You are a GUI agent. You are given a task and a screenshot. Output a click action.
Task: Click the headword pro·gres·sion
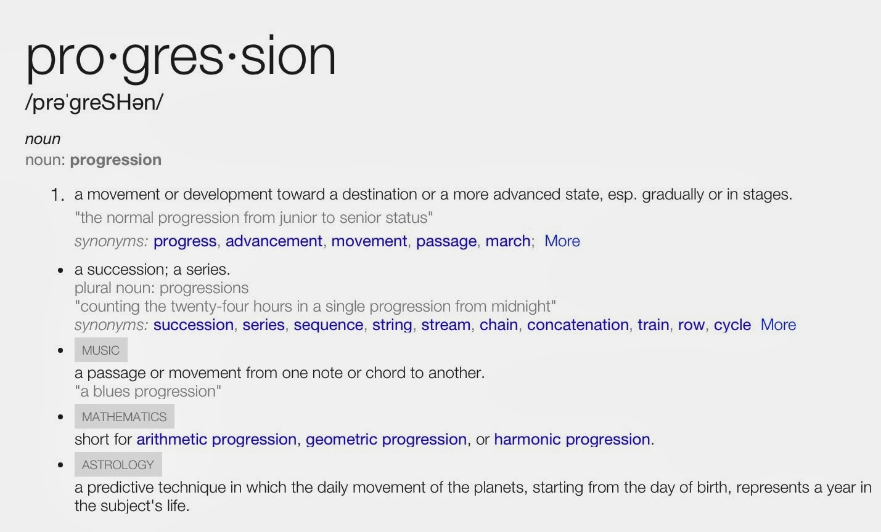pyautogui.click(x=181, y=59)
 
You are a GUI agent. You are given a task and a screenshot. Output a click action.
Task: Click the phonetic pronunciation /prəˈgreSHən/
pyautogui.click(x=94, y=103)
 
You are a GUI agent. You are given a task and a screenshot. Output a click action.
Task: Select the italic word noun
pyautogui.click(x=43, y=139)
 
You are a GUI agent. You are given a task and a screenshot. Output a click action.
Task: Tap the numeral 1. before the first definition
pyautogui.click(x=58, y=195)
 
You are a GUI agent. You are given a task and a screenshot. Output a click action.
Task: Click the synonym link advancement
pyautogui.click(x=274, y=241)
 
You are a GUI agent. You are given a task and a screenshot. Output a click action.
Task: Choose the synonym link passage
pyautogui.click(x=446, y=241)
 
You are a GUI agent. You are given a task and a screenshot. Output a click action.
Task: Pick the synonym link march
pyautogui.click(x=508, y=241)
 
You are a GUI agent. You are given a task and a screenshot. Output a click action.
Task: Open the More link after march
pyautogui.click(x=562, y=241)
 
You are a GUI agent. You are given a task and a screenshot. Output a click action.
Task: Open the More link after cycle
pyautogui.click(x=778, y=325)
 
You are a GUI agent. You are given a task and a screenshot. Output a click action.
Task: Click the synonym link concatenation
pyautogui.click(x=578, y=325)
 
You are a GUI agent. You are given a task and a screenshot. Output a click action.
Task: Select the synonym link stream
pyautogui.click(x=446, y=325)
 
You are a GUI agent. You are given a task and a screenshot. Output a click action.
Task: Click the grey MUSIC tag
pyautogui.click(x=101, y=350)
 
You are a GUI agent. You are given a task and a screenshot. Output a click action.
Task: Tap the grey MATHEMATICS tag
pyautogui.click(x=125, y=416)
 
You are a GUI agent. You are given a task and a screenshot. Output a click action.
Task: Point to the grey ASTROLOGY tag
pyautogui.click(x=118, y=464)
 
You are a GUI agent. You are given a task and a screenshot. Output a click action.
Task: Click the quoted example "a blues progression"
pyautogui.click(x=148, y=392)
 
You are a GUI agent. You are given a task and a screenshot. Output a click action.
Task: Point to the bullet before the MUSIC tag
pyautogui.click(x=60, y=350)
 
